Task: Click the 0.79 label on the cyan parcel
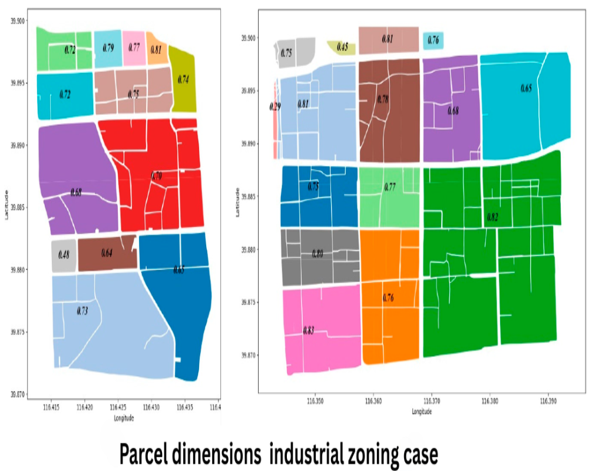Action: pyautogui.click(x=108, y=48)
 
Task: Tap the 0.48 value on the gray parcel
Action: pyautogui.click(x=64, y=256)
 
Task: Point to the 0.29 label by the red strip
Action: pyautogui.click(x=274, y=107)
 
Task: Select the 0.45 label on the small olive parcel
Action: pyautogui.click(x=342, y=47)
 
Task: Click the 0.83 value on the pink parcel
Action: pyautogui.click(x=308, y=330)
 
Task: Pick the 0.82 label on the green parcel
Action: pyautogui.click(x=492, y=217)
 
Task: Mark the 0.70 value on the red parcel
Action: pyautogui.click(x=156, y=175)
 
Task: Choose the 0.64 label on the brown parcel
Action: pyautogui.click(x=107, y=254)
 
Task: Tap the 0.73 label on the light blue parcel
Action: pyautogui.click(x=82, y=310)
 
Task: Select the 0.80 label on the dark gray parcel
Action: pyautogui.click(x=317, y=254)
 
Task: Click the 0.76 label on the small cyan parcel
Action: pyautogui.click(x=433, y=41)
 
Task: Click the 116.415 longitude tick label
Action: pyautogui.click(x=52, y=407)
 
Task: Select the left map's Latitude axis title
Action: pyautogui.click(x=6, y=205)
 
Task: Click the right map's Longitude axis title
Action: pyautogui.click(x=422, y=412)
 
